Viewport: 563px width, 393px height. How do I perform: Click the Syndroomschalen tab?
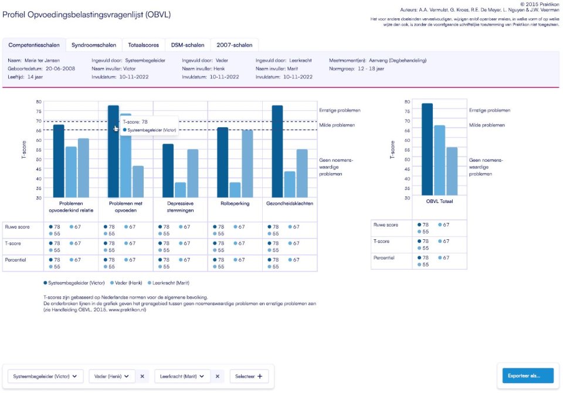point(93,45)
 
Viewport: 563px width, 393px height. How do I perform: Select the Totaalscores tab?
point(143,45)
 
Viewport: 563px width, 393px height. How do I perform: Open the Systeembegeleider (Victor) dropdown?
point(45,377)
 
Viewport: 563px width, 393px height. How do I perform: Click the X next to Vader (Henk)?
point(142,377)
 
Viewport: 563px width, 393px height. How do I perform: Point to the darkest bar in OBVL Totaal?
point(427,150)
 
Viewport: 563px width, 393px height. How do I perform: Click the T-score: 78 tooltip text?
point(135,122)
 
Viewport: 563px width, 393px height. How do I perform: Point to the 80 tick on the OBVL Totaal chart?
point(407,101)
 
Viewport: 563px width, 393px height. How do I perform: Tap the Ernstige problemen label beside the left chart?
point(339,110)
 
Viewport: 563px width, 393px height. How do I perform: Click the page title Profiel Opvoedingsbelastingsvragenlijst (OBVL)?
point(87,14)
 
